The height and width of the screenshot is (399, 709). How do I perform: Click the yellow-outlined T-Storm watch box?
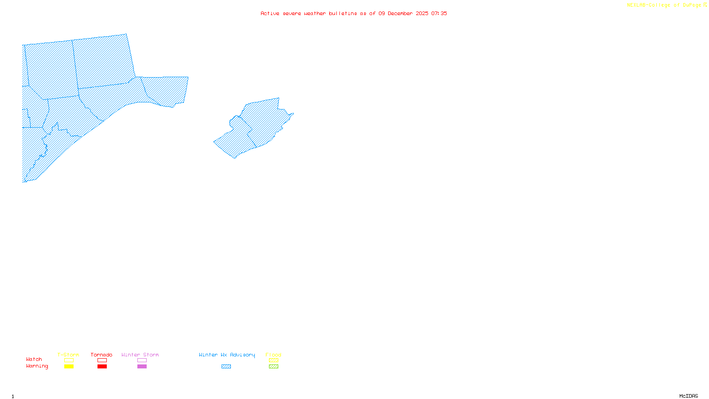[69, 360]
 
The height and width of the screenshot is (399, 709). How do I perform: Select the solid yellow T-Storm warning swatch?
[69, 367]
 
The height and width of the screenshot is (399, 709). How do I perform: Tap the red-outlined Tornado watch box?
[102, 360]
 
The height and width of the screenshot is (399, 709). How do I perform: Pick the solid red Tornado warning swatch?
[102, 367]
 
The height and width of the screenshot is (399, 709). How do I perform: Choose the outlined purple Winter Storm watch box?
[142, 360]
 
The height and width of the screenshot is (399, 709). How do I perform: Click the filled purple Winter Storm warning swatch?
[142, 367]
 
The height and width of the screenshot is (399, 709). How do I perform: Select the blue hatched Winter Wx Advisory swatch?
[226, 367]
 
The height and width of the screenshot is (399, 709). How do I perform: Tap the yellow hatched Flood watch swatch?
[273, 360]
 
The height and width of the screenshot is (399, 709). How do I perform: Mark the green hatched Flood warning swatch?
[273, 367]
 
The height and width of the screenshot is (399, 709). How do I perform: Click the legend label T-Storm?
[68, 355]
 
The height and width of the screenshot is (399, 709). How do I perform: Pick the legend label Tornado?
[101, 355]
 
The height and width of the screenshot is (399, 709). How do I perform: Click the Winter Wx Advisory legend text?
[227, 355]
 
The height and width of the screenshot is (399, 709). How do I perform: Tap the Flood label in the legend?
[273, 355]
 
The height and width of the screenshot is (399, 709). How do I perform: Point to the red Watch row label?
[34, 359]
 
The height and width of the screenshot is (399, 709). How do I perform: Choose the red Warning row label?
[37, 366]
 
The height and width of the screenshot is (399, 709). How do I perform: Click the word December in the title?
[400, 13]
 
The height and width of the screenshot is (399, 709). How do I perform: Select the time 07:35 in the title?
[439, 13]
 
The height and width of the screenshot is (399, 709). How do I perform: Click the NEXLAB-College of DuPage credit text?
[664, 5]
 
